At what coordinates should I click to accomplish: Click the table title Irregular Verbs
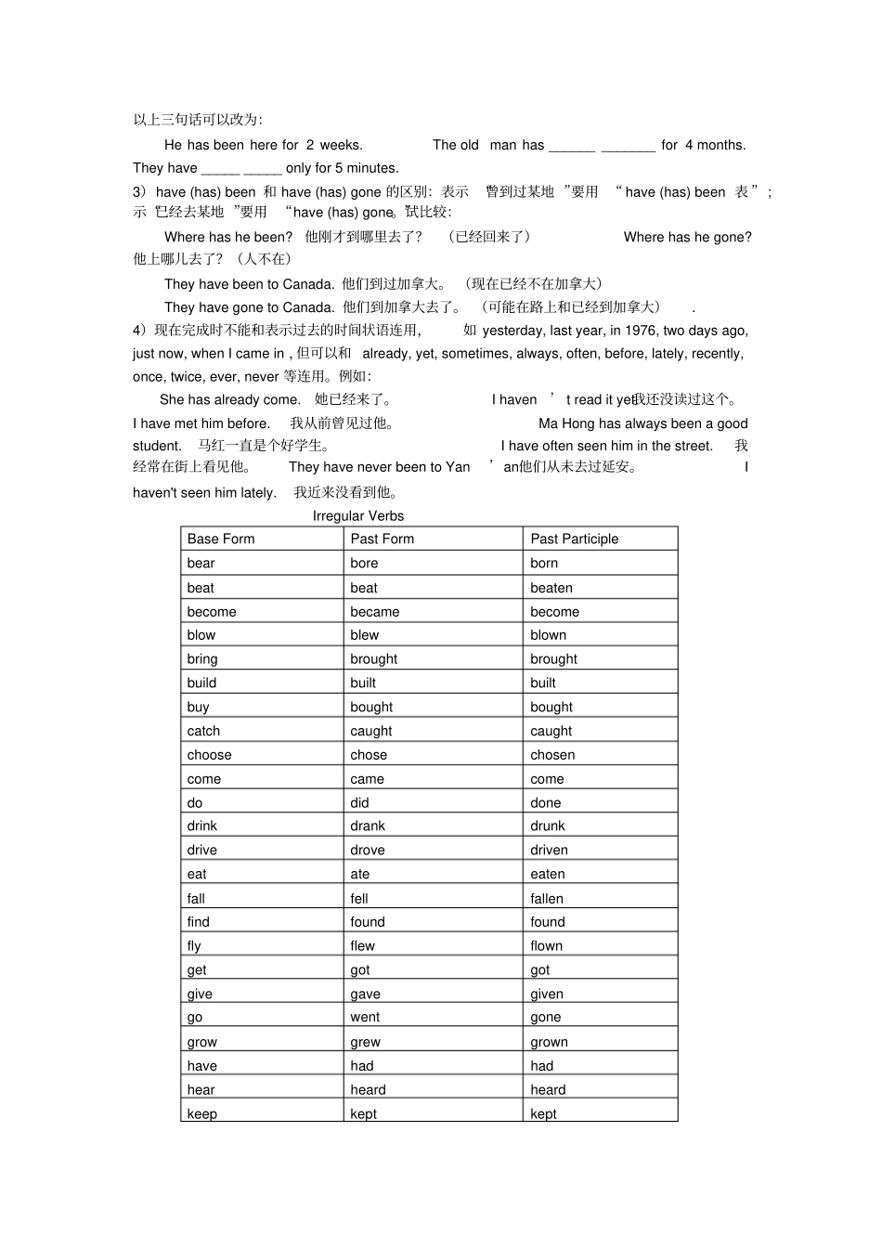pyautogui.click(x=357, y=515)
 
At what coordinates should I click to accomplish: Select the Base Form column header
pyautogui.click(x=221, y=539)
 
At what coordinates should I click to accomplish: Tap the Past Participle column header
pyautogui.click(x=574, y=539)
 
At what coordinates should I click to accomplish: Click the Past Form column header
pyautogui.click(x=382, y=539)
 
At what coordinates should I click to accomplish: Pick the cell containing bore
pyautogui.click(x=364, y=563)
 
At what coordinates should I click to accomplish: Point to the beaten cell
pyautogui.click(x=551, y=588)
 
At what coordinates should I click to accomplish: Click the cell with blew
pyautogui.click(x=364, y=635)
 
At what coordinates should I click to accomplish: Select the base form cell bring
pyautogui.click(x=202, y=659)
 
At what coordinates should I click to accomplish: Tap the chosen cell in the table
pyautogui.click(x=552, y=755)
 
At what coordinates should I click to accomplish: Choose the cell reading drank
pyautogui.click(x=368, y=826)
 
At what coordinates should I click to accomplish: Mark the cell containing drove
pyautogui.click(x=368, y=850)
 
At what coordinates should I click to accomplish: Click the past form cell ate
pyautogui.click(x=360, y=874)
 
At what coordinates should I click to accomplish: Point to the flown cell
pyautogui.click(x=546, y=945)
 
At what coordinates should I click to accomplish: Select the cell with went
pyautogui.click(x=365, y=1017)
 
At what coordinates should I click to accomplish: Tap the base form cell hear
pyautogui.click(x=201, y=1089)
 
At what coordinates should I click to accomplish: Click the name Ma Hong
pyautogui.click(x=566, y=423)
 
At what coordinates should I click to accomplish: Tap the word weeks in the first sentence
pyautogui.click(x=340, y=145)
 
